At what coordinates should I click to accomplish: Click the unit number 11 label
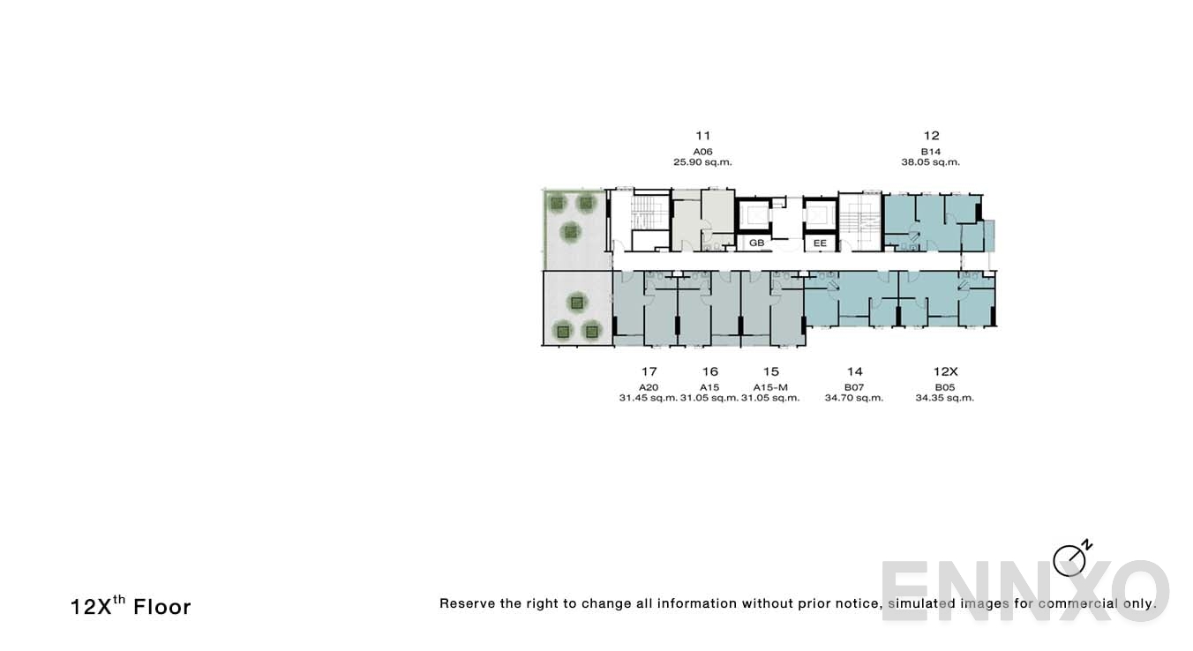(702, 136)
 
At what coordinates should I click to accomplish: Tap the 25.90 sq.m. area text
(702, 162)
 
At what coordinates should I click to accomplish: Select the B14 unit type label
(931, 152)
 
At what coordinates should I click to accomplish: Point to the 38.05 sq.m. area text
(931, 162)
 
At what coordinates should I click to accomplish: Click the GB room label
(756, 243)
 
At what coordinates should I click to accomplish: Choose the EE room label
(820, 243)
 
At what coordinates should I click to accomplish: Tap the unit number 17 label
(649, 371)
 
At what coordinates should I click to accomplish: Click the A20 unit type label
(649, 387)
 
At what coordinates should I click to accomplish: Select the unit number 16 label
(709, 371)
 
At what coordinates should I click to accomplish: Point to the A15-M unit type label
(770, 387)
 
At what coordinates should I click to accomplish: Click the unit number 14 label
(854, 371)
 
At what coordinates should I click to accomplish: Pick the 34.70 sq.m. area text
(854, 398)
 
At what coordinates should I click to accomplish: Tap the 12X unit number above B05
(945, 371)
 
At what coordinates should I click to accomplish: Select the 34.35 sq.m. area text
(945, 398)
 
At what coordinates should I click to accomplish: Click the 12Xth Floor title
(131, 606)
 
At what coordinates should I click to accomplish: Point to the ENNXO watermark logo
(1024, 590)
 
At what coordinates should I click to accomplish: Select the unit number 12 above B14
(931, 136)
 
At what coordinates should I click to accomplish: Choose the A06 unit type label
(702, 152)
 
